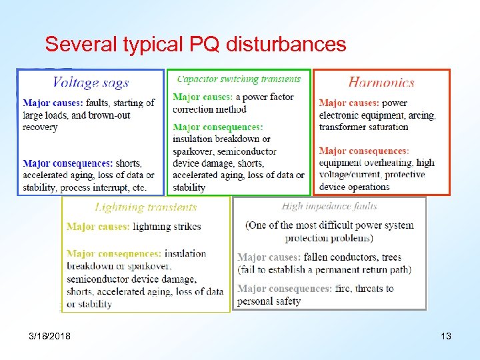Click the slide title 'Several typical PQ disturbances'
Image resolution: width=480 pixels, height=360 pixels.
(195, 45)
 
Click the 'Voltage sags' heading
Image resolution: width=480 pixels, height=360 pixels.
(91, 83)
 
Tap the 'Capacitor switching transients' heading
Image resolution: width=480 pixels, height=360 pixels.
(239, 79)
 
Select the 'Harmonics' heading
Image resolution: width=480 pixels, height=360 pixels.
(381, 83)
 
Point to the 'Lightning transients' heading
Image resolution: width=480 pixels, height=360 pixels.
(146, 207)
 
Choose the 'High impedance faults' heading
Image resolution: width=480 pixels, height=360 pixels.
(329, 207)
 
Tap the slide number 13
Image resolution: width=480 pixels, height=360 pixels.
(445, 336)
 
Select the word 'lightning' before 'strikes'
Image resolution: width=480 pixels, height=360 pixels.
(153, 227)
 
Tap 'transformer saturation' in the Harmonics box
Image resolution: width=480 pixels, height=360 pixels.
(363, 127)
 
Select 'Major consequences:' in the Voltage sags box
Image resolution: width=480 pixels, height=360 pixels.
(67, 163)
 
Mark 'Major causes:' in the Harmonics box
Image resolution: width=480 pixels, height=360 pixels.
(349, 103)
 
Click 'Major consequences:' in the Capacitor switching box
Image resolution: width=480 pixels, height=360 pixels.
(217, 127)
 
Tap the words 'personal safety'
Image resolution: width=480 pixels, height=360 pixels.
(269, 301)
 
